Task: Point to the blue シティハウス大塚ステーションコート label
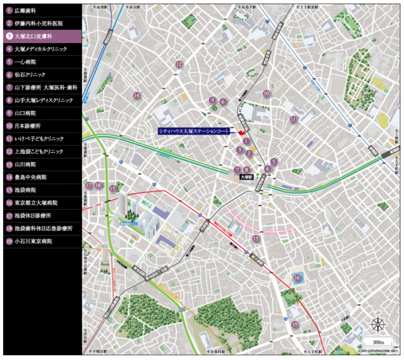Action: click(x=194, y=130)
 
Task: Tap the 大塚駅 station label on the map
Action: click(x=247, y=178)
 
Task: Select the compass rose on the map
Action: click(x=378, y=325)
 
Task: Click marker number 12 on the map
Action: click(x=178, y=64)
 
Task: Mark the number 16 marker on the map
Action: click(x=297, y=277)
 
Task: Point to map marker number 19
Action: click(x=295, y=324)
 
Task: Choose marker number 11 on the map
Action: click(x=294, y=120)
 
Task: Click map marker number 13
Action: click(x=256, y=239)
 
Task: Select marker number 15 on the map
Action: click(x=112, y=189)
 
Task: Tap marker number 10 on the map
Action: click(x=266, y=93)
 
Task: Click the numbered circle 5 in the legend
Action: click(x=9, y=61)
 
